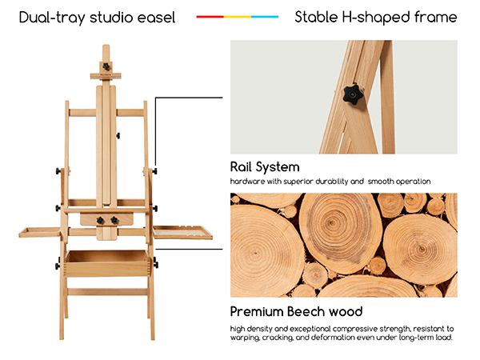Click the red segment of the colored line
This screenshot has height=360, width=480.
(x=210, y=17)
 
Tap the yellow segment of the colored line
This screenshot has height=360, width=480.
(x=238, y=17)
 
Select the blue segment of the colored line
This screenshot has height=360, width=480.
(x=265, y=17)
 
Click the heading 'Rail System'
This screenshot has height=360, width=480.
(x=265, y=167)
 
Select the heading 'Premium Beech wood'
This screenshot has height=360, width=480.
(x=296, y=312)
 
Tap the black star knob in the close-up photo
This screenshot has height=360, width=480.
(x=353, y=94)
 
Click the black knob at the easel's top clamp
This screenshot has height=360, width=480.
(x=106, y=66)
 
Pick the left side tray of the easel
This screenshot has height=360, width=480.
(x=40, y=232)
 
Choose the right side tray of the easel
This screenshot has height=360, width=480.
(x=182, y=232)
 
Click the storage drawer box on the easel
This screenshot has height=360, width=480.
(x=107, y=263)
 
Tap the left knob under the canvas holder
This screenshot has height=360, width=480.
(x=100, y=220)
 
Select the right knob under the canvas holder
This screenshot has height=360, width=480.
(x=114, y=219)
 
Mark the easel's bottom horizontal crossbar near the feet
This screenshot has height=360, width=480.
(x=107, y=292)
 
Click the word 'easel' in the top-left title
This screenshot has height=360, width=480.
(x=156, y=18)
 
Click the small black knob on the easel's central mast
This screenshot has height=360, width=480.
(x=118, y=135)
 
